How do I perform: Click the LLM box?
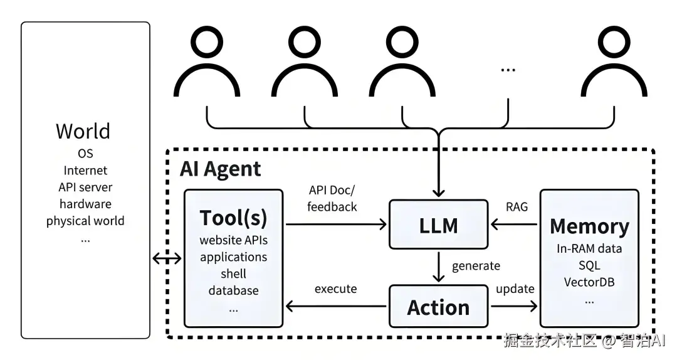click(x=438, y=224)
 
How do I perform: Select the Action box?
click(x=438, y=307)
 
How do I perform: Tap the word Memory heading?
click(x=589, y=226)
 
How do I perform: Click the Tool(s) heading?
click(x=233, y=218)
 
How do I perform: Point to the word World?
click(x=83, y=131)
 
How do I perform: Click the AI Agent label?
click(x=221, y=169)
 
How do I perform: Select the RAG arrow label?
click(x=517, y=206)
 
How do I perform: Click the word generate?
click(x=476, y=265)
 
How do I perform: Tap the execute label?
click(x=335, y=289)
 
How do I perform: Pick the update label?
click(x=515, y=289)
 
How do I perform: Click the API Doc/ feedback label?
click(x=332, y=198)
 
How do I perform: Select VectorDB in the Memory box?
click(x=589, y=282)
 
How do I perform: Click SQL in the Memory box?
click(x=589, y=265)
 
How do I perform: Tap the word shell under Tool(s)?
click(x=233, y=274)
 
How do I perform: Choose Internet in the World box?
click(x=85, y=170)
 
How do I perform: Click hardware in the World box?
click(x=85, y=204)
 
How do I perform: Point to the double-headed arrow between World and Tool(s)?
click(x=167, y=257)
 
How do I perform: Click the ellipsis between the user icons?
click(x=508, y=69)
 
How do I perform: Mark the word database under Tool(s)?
click(x=233, y=290)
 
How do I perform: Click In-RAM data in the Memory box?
click(x=589, y=248)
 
